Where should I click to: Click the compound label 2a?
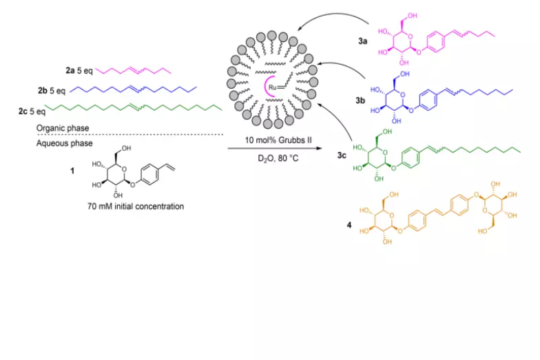(x=70, y=70)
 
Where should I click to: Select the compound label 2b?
(x=43, y=91)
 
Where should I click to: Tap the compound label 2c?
(x=23, y=112)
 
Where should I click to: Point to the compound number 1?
(x=72, y=171)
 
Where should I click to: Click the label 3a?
(x=362, y=41)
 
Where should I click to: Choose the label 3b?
(x=360, y=100)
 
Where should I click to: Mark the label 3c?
(x=342, y=156)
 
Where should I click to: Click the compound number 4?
(x=349, y=226)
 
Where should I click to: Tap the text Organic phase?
(x=63, y=128)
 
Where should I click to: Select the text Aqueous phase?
(x=65, y=143)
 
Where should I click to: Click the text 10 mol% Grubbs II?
(x=278, y=140)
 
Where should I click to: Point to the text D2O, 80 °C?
(x=278, y=158)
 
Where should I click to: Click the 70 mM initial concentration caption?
(x=136, y=207)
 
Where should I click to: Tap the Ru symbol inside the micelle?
(x=273, y=87)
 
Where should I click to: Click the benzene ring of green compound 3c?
(x=411, y=158)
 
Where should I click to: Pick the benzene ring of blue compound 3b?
(x=428, y=100)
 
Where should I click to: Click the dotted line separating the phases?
(x=130, y=135)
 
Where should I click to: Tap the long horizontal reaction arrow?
(x=274, y=149)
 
